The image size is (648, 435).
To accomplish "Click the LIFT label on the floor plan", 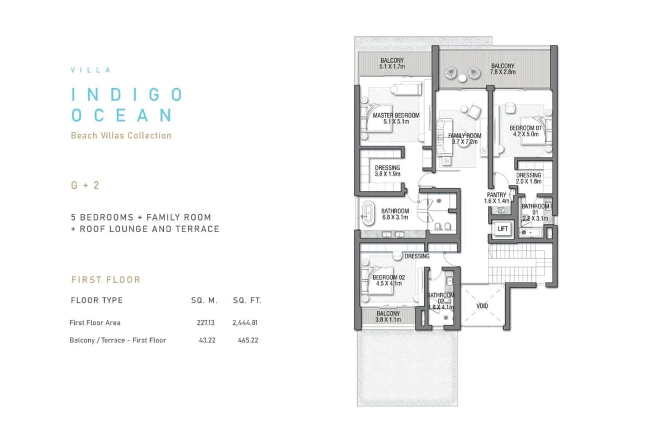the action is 502,229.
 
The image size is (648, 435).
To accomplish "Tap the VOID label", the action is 482,306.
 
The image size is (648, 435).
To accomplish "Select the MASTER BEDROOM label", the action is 396,115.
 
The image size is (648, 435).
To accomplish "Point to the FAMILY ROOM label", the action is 465,136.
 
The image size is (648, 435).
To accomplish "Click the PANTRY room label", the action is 496,195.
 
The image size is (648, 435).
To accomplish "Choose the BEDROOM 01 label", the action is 525,128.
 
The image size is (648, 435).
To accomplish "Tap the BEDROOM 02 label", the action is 388,278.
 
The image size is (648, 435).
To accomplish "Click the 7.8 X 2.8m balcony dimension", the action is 502,72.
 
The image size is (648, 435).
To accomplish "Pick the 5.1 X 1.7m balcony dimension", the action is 392,66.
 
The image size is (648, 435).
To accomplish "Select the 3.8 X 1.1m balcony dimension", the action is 388,320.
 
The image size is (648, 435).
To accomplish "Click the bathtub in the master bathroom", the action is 367,213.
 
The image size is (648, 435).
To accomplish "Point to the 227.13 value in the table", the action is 205,323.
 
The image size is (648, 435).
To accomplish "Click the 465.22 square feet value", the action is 248,340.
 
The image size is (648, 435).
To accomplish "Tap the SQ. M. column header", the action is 204,300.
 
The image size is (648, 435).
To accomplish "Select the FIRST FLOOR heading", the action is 106,280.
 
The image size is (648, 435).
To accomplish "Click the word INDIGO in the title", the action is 127,95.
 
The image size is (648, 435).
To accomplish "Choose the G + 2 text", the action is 85,185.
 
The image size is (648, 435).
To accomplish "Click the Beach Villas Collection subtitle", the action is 121,136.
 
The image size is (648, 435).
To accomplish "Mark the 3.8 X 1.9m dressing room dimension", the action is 387,174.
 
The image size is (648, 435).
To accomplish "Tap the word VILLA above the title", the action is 91,70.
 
